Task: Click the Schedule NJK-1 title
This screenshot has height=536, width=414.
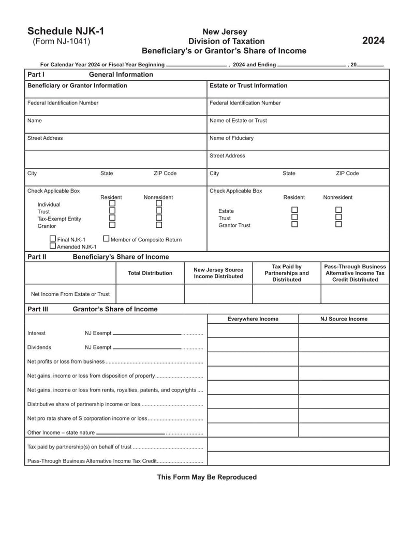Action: [x=66, y=31]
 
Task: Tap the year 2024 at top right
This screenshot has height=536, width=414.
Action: [x=373, y=41]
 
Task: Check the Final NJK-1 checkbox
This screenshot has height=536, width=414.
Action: [x=53, y=239]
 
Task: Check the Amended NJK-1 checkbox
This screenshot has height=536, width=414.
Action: [x=53, y=246]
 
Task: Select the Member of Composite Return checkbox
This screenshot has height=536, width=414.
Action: [x=106, y=239]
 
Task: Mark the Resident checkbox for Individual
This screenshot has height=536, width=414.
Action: [x=112, y=204]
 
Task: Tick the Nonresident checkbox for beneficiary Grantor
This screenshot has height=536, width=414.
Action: [x=159, y=225]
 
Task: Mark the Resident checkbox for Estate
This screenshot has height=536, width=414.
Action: [x=294, y=210]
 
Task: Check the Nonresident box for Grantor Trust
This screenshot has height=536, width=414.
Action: [x=338, y=224]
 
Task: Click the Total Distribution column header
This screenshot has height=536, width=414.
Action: [x=150, y=273]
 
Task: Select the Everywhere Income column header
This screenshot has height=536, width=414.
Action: [x=253, y=319]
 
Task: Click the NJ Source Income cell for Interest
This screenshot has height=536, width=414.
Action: [x=344, y=331]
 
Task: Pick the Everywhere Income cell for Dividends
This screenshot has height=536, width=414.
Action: [x=253, y=345]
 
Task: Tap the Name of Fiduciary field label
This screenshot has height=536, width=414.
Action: [x=231, y=138]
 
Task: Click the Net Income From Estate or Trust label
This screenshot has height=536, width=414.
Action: [x=70, y=294]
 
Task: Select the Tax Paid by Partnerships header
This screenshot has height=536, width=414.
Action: [x=286, y=273]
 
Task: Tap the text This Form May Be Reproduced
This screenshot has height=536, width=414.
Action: [x=206, y=477]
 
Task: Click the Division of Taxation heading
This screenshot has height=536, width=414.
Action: [x=226, y=41]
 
